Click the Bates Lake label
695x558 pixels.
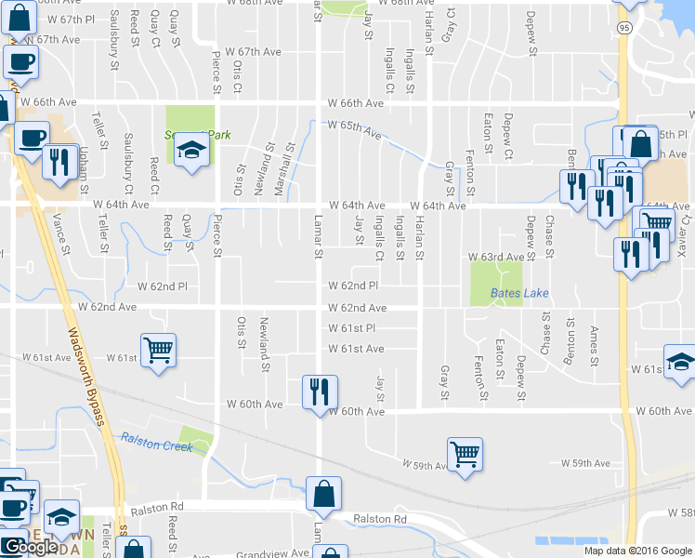tap(520, 294)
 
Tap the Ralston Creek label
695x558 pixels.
tap(156, 443)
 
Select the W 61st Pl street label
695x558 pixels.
tap(351, 328)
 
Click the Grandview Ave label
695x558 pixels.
tap(272, 552)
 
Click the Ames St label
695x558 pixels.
tap(593, 345)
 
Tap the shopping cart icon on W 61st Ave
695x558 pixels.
tap(158, 351)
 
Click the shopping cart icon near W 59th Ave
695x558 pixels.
tap(465, 455)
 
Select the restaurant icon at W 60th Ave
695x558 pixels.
tap(320, 391)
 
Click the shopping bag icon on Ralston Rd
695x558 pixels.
tap(324, 494)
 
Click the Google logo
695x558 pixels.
tap(31, 547)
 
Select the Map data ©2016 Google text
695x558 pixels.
tap(637, 551)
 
